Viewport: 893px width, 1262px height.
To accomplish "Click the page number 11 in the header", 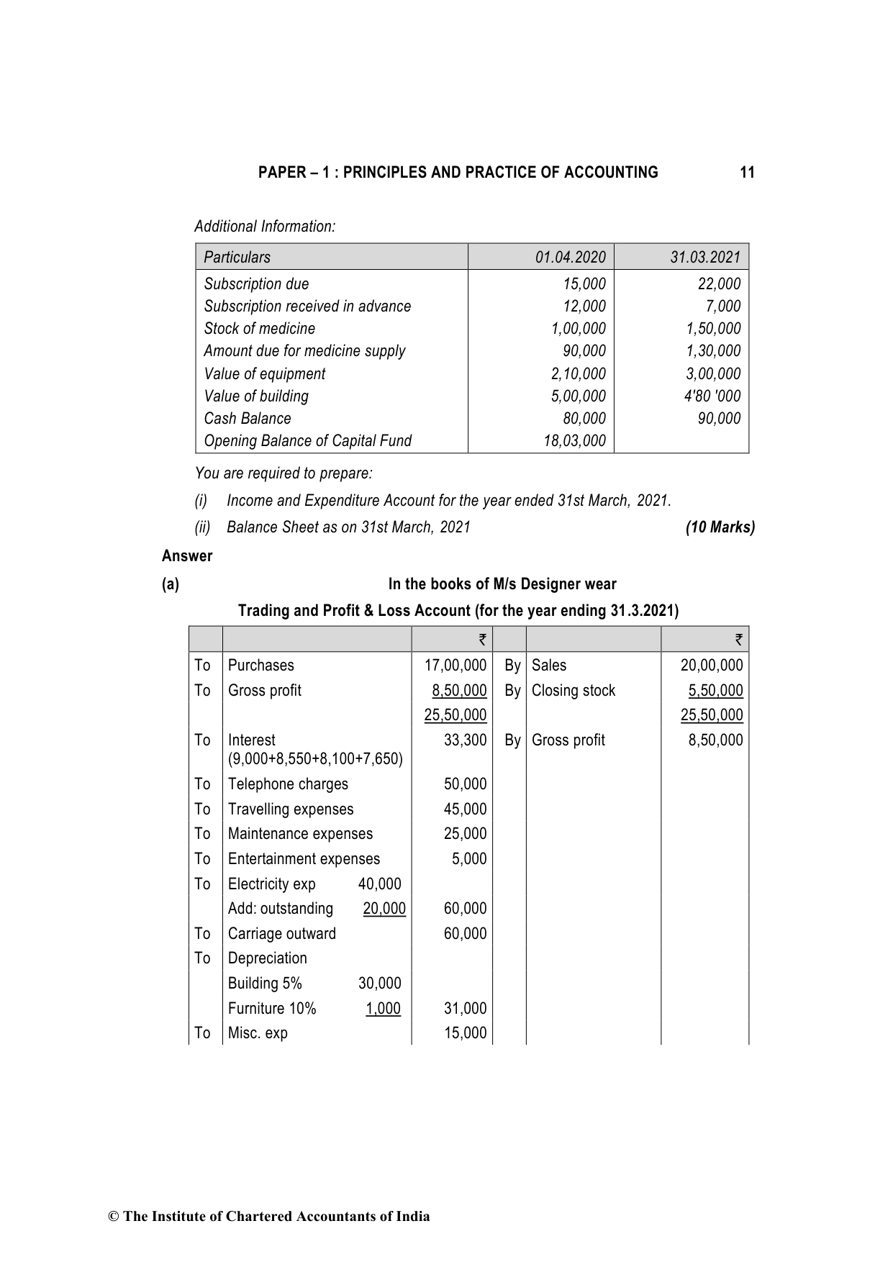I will coord(747,173).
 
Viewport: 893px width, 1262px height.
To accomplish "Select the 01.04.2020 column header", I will coord(570,258).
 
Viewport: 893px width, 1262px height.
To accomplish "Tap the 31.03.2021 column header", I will coord(704,258).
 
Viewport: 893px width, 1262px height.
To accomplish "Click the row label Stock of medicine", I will coord(259,329).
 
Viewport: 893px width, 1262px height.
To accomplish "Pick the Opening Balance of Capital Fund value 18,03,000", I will coord(574,441).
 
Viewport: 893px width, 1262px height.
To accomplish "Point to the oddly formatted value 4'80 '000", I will coord(712,396).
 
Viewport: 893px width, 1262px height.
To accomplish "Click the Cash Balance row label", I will coord(248,419).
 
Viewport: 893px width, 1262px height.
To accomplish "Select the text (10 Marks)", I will coord(720,527).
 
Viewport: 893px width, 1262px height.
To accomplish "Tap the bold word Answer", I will coord(187,556).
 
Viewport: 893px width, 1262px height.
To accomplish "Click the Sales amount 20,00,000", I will coord(711,666).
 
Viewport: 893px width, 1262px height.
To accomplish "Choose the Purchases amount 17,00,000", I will coord(455,666).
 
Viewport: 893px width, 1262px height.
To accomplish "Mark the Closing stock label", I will coord(573,691).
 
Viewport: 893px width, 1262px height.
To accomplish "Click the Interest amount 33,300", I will coord(465,740).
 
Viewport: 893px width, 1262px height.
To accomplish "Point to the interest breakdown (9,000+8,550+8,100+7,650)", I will coord(315,759).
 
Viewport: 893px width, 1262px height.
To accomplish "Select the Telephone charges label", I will coord(288,784).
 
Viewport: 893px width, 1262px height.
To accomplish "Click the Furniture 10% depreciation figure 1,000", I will coord(383,1009).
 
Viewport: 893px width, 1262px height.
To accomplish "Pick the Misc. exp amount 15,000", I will coord(465,1033).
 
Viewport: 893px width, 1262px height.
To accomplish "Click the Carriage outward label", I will coord(281,934).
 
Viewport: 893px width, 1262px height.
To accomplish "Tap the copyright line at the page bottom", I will coord(268,1217).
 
